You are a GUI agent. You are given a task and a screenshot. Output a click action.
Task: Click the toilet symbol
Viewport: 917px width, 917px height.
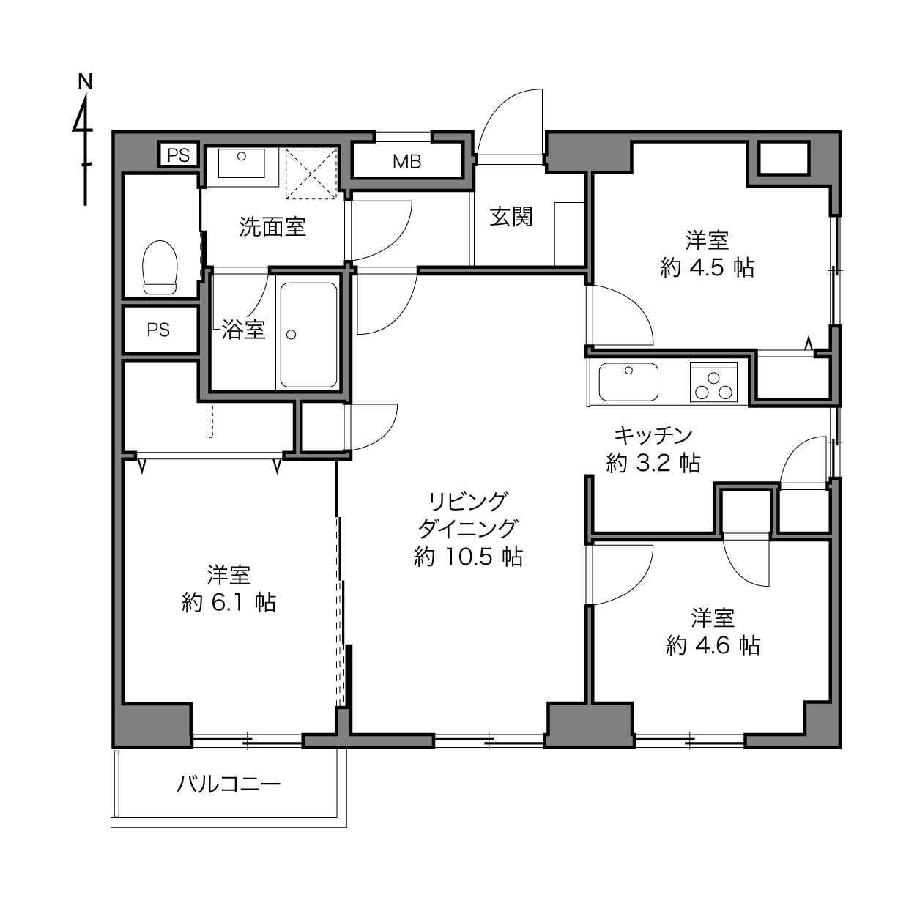point(160,267)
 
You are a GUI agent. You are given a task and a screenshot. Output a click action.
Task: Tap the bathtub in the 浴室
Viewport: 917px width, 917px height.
point(308,335)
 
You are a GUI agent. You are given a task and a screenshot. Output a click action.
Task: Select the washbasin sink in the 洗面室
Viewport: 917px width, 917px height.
point(241,163)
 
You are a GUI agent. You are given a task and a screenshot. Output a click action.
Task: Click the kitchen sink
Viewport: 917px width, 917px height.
point(628,382)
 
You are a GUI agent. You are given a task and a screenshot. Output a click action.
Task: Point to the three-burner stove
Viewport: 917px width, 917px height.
point(713,382)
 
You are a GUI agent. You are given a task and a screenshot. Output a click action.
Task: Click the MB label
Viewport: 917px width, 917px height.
point(407,162)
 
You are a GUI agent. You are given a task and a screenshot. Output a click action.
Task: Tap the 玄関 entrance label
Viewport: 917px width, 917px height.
point(511,217)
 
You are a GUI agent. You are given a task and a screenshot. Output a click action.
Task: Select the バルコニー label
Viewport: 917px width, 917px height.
point(229,784)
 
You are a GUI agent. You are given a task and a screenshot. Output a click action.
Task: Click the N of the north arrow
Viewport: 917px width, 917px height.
point(85,82)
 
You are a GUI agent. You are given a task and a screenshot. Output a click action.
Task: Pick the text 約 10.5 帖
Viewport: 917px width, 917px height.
point(468,557)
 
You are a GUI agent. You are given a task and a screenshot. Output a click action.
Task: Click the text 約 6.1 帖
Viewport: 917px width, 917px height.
point(229,603)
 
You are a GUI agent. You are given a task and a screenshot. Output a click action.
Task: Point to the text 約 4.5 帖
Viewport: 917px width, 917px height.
point(707,268)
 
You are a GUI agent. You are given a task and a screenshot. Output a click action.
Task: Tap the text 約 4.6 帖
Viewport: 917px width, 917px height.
point(713,645)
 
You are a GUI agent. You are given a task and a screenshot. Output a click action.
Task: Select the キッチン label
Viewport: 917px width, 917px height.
point(653,435)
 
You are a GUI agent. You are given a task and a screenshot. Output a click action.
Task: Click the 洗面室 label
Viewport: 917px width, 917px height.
point(272,226)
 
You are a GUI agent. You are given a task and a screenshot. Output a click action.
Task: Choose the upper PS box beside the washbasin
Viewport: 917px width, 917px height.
point(179,155)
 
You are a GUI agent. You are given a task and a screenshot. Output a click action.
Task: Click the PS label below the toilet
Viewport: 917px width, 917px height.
point(158,330)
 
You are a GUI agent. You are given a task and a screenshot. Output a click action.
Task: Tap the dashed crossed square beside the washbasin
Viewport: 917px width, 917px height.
point(311,173)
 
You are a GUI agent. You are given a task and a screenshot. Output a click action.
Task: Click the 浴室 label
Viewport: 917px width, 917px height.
point(243,330)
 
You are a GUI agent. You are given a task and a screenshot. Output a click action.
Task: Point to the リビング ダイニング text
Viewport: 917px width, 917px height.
point(468,514)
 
